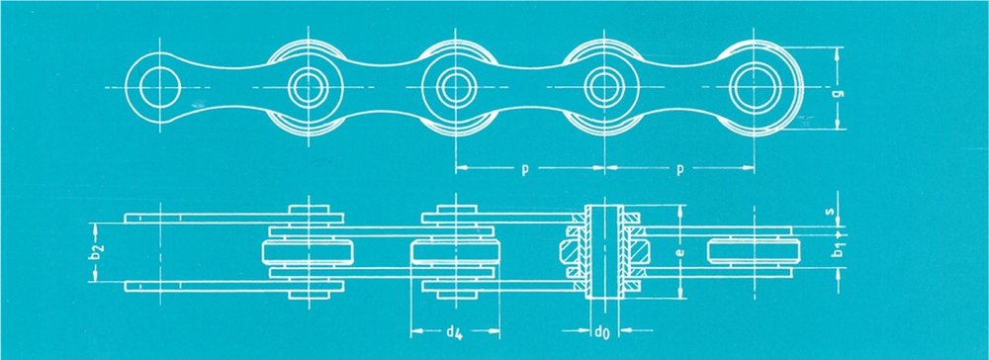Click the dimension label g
(839, 94)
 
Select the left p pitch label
(525, 170)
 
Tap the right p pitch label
(680, 170)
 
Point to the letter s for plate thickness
(838, 210)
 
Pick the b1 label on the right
(839, 250)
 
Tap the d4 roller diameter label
(455, 331)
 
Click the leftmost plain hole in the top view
(160, 86)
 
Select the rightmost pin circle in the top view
(754, 86)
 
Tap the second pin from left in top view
(308, 86)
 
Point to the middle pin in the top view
(455, 86)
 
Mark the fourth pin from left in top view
(604, 86)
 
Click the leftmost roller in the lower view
(308, 252)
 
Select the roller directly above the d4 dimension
(455, 252)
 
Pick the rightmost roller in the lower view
(755, 250)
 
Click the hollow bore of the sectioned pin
(604, 252)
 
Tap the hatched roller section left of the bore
(571, 252)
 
